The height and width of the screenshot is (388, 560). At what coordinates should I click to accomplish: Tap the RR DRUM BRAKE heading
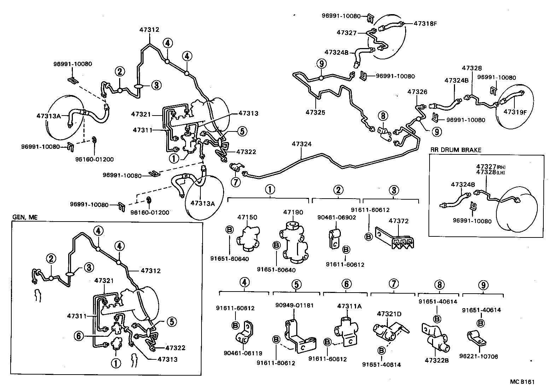coord(456,150)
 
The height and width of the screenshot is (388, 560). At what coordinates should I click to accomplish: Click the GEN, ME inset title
coord(24,218)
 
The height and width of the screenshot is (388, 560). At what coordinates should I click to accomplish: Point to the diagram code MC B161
coord(522,382)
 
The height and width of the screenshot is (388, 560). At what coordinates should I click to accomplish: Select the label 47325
coord(315,112)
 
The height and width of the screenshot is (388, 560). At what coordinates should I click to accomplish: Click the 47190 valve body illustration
coord(293,244)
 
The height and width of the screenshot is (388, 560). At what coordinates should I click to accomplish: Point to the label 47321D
coord(389,314)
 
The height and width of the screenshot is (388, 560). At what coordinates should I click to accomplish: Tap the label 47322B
coord(438,361)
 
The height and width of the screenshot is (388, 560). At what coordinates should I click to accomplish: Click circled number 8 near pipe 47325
coord(382,116)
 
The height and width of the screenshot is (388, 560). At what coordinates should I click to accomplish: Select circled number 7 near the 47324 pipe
coord(236,182)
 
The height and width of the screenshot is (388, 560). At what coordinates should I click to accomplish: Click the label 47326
coord(417,92)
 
